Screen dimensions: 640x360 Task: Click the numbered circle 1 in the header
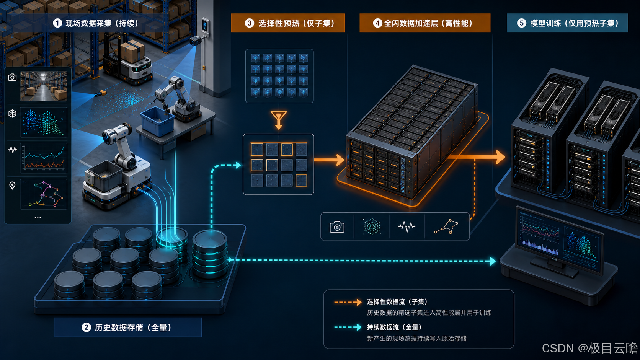[x=57, y=23]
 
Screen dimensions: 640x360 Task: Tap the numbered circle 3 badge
[x=250, y=23]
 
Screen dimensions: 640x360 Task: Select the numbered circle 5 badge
[x=521, y=23]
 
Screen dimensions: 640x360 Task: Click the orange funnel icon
[x=279, y=120]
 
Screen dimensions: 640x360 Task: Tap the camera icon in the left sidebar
[x=12, y=77]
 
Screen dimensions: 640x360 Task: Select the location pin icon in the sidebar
[x=12, y=186]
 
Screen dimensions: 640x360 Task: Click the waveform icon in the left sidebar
[x=12, y=149]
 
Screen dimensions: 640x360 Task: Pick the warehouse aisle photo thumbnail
[x=43, y=86]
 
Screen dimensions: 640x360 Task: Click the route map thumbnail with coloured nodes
[x=43, y=194]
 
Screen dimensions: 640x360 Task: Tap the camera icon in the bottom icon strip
[x=337, y=227]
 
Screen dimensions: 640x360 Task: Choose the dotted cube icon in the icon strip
[x=372, y=227]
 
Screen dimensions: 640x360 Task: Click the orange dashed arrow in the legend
[x=348, y=302]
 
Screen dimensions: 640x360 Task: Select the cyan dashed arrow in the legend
[x=348, y=327]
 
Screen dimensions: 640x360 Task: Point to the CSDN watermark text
[x=590, y=348]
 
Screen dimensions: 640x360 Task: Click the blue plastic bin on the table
[x=157, y=121]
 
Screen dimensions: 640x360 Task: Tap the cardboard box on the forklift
[x=133, y=51]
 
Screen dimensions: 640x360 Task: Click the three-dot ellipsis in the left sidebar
[x=38, y=218]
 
